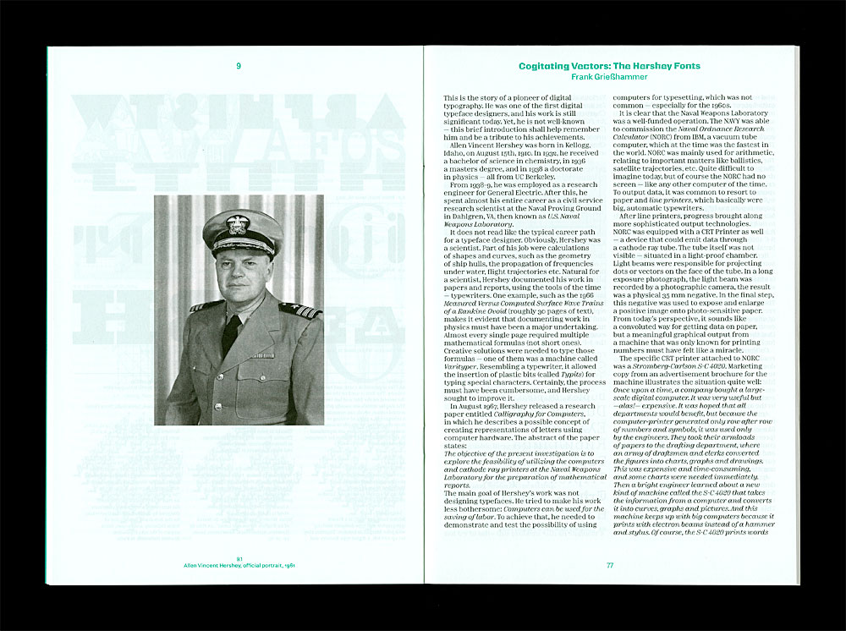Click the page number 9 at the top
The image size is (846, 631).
tap(239, 65)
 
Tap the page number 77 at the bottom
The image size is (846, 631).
tap(609, 565)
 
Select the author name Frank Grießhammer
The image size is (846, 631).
tap(609, 77)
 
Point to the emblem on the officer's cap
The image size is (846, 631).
tap(236, 224)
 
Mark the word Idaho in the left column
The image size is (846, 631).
tap(455, 154)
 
